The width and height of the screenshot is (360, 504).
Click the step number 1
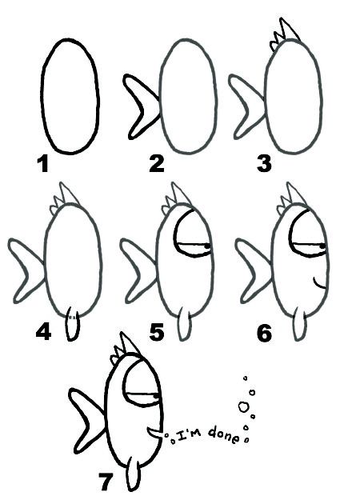click(x=42, y=166)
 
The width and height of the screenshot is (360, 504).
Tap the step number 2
click(x=156, y=164)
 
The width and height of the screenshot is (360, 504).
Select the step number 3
click(x=264, y=165)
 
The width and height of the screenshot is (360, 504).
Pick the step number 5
click(x=156, y=330)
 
